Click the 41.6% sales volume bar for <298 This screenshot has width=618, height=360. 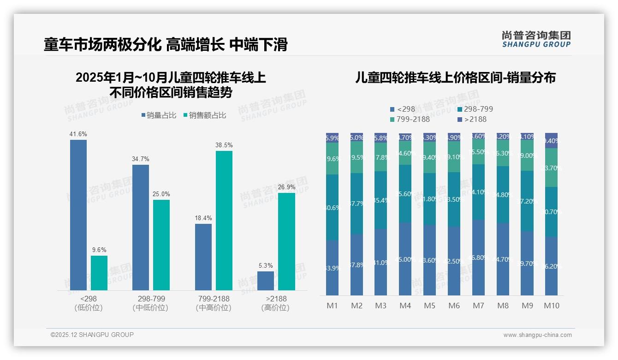78,215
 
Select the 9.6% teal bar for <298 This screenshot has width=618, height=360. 99,273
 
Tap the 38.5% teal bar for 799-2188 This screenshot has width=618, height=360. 224,220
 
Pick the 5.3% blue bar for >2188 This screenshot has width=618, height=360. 266,281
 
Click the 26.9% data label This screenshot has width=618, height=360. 286,187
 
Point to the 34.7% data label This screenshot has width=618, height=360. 141,159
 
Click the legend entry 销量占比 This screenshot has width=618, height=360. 159,115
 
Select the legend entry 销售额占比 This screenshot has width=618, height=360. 205,115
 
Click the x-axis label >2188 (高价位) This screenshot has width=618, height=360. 275,303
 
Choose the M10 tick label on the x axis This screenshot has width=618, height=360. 552,306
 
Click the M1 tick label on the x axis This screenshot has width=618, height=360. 333,306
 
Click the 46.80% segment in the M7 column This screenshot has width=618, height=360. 478,257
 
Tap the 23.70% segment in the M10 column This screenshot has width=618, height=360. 551,168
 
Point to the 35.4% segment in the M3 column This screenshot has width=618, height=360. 380,200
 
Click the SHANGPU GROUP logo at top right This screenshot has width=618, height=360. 536,39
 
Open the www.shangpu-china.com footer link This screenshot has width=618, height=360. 537,335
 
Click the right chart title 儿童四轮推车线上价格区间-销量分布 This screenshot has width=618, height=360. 455,78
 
